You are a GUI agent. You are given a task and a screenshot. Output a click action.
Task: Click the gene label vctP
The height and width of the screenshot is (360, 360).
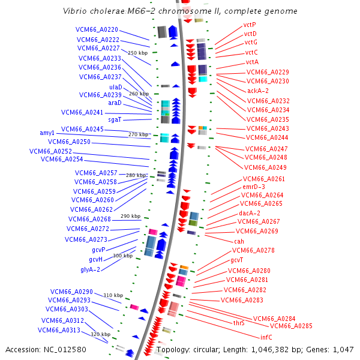pyautogui.click(x=250, y=25)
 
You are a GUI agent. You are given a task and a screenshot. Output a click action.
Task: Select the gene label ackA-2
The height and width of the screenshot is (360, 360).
pyautogui.click(x=258, y=91)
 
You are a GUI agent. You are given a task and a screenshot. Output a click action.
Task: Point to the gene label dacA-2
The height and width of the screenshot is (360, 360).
pyautogui.click(x=250, y=213)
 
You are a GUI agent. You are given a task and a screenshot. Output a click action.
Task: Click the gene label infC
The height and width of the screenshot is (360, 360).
pyautogui.click(x=266, y=337)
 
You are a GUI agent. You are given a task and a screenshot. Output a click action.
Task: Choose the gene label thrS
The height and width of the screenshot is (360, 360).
pyautogui.click(x=239, y=323)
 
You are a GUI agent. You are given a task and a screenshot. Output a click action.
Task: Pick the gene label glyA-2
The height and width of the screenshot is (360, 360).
pyautogui.click(x=90, y=269)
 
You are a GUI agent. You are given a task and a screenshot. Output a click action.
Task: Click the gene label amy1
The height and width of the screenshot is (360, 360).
pyautogui.click(x=47, y=133)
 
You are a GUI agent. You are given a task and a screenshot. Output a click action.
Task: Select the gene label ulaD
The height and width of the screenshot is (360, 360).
pyautogui.click(x=115, y=87)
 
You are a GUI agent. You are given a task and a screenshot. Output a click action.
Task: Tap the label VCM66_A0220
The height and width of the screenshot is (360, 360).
pyautogui.click(x=97, y=29)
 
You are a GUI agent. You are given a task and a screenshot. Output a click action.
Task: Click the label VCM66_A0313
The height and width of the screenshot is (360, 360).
pyautogui.click(x=59, y=330)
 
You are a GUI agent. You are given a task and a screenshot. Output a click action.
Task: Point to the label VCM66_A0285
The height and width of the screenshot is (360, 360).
pyautogui.click(x=291, y=326)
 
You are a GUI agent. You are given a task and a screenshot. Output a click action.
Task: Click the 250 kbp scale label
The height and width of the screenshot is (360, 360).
pyautogui.click(x=137, y=53)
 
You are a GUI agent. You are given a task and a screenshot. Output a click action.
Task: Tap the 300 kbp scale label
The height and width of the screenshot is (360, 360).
pyautogui.click(x=122, y=256)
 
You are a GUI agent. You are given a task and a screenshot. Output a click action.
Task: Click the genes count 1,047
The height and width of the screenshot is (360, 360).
pyautogui.click(x=343, y=349)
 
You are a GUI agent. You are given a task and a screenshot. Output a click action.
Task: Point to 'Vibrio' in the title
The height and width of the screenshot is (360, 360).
pyautogui.click(x=76, y=11)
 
